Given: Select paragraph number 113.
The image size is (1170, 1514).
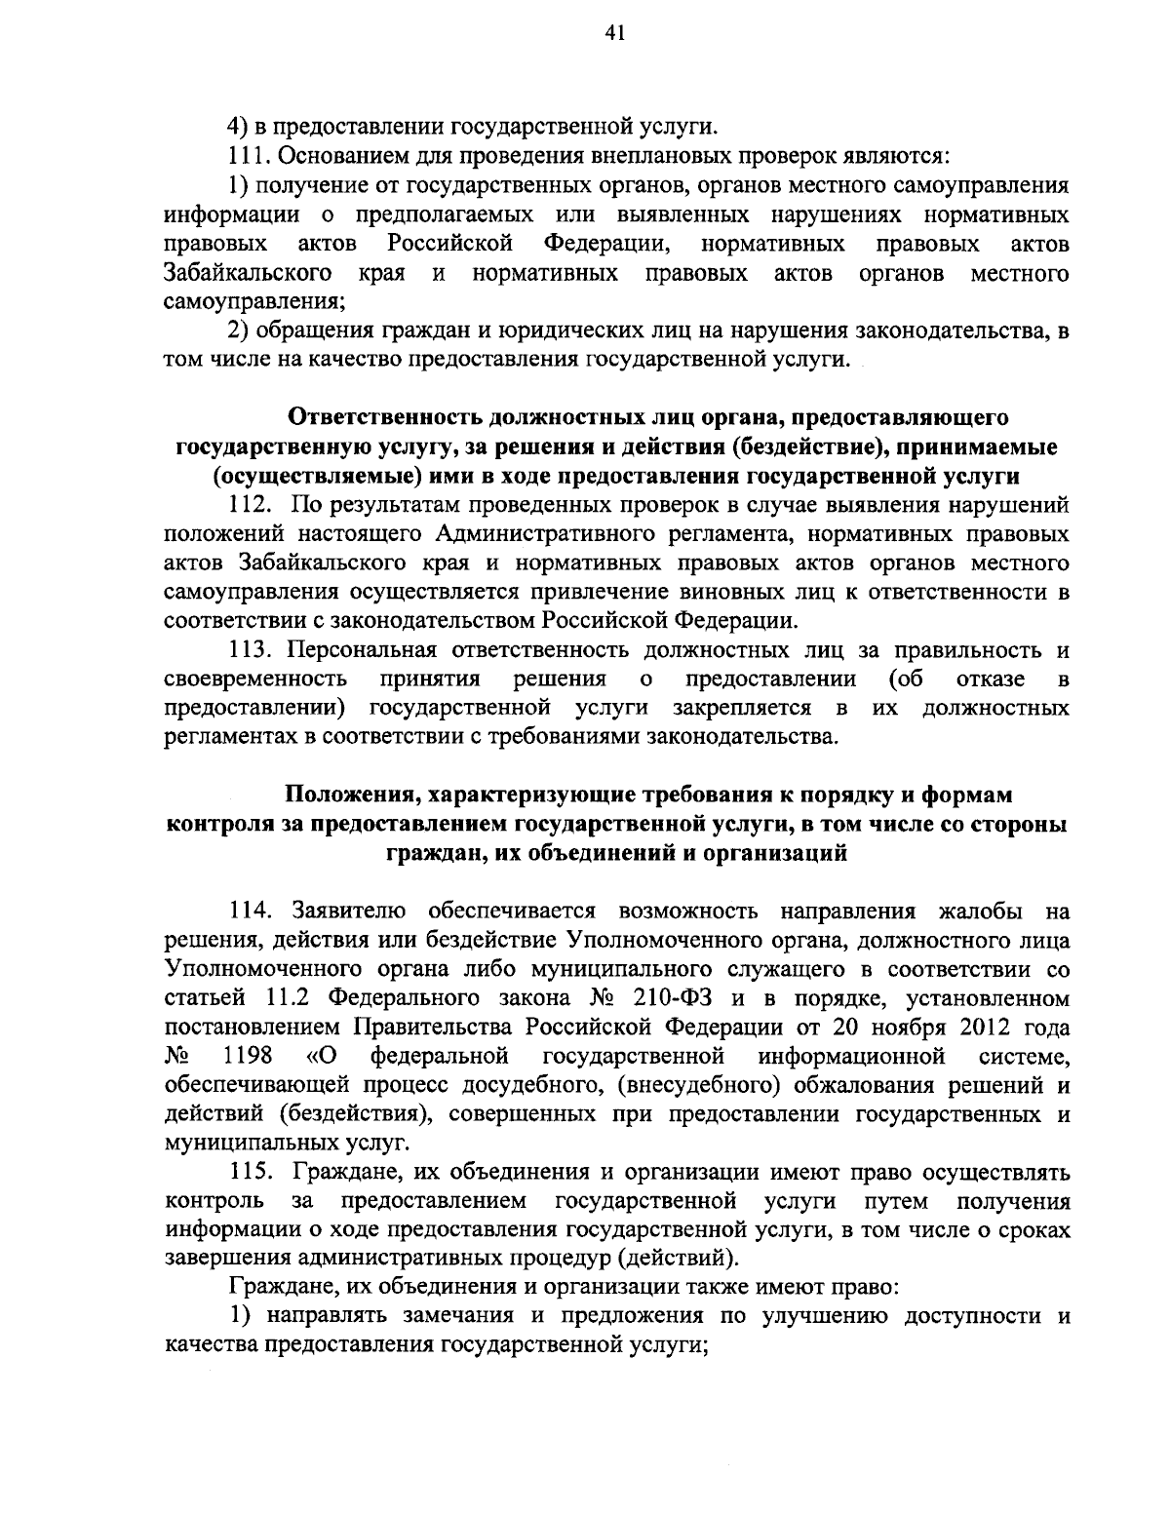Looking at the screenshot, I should click(x=250, y=650).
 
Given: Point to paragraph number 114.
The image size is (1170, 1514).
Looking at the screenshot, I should click(x=251, y=912).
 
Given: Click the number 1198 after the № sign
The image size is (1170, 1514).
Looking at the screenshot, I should click(x=248, y=1056).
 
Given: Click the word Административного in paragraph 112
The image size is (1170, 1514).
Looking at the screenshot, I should click(x=541, y=534).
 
